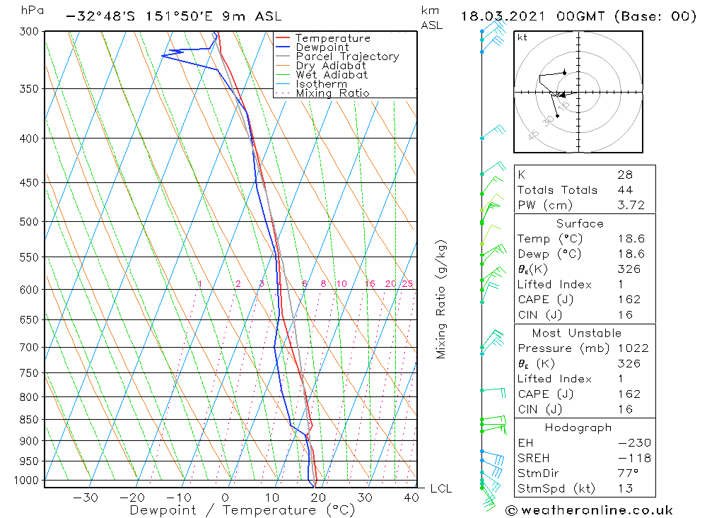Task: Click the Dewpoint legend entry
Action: (x=322, y=47)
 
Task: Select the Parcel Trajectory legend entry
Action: (x=347, y=57)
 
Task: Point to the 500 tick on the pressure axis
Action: (x=30, y=222)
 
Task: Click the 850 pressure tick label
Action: (x=30, y=420)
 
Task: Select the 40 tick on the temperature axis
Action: (x=411, y=498)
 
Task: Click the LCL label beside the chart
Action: (x=440, y=489)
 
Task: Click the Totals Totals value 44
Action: (x=625, y=190)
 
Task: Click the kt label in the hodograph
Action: (x=522, y=37)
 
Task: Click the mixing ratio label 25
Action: (x=407, y=284)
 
